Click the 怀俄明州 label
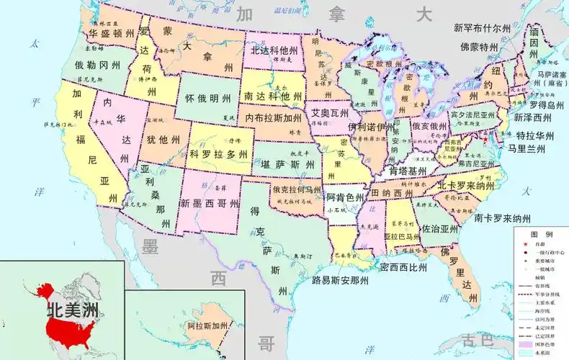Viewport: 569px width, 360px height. [x=208, y=99]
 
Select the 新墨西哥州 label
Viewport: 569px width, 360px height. [x=210, y=204]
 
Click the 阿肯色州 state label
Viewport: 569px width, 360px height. [x=345, y=197]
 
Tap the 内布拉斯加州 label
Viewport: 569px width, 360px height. [x=274, y=117]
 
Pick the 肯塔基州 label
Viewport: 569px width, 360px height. [x=408, y=171]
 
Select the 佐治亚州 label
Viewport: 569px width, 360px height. [x=440, y=228]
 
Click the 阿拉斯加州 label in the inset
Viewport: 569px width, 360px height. [x=208, y=326]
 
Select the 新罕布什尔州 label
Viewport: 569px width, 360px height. [x=482, y=28]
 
